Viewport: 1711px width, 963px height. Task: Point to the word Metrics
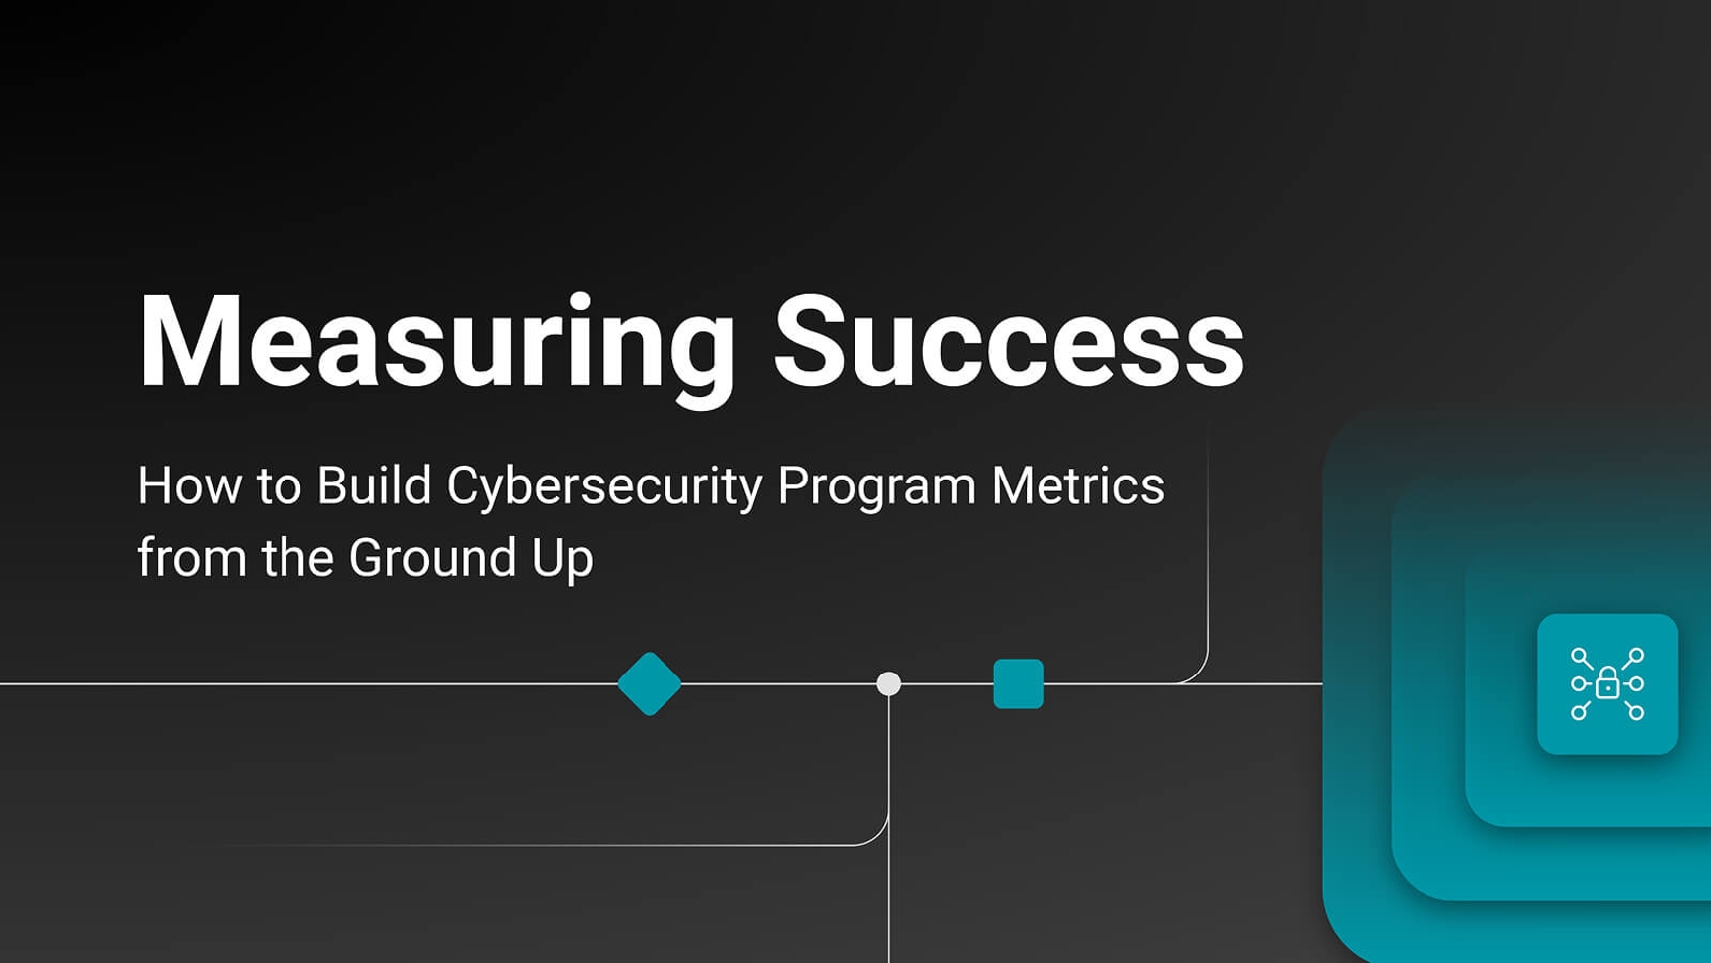click(x=1077, y=485)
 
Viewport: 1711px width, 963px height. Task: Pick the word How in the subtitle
click(x=189, y=485)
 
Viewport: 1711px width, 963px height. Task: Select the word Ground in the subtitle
click(x=432, y=558)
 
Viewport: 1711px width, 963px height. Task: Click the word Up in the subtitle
click(x=563, y=560)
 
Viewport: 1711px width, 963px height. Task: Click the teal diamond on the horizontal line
click(x=650, y=684)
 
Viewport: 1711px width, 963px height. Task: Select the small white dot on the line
click(x=889, y=684)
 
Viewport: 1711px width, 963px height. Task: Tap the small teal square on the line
click(x=1018, y=684)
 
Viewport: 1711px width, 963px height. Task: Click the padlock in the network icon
click(x=1608, y=683)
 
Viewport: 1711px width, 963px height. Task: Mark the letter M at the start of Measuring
click(x=190, y=341)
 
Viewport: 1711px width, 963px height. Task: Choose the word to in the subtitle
click(x=279, y=487)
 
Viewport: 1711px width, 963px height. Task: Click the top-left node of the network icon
click(x=1578, y=655)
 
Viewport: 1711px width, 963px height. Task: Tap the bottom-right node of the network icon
click(x=1637, y=712)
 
